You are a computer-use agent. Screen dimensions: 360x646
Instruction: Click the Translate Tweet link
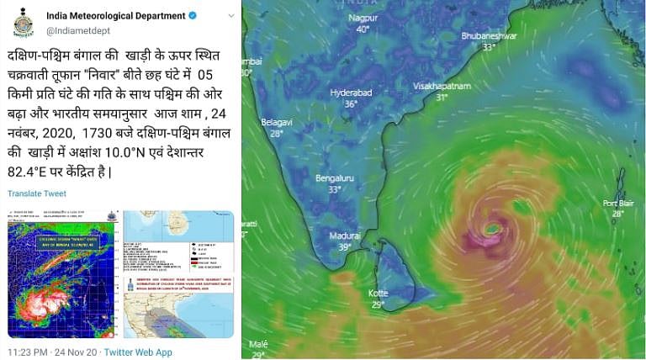pos(36,193)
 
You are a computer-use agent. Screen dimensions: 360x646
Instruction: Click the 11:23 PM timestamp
pos(29,352)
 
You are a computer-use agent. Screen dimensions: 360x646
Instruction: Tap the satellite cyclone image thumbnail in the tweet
pos(61,274)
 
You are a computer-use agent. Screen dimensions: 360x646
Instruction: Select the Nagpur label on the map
pos(363,18)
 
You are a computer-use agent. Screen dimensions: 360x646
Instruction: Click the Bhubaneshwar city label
pos(489,36)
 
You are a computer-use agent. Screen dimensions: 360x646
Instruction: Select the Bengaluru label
pos(334,178)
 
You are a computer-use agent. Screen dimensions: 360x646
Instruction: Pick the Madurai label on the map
pos(344,236)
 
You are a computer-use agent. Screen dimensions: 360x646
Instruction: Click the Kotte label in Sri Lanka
pos(378,293)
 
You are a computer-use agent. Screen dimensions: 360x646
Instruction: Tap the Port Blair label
pos(618,203)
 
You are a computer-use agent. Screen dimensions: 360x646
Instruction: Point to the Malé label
pos(259,344)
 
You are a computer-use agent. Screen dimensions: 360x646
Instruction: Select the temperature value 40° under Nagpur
pos(363,29)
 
